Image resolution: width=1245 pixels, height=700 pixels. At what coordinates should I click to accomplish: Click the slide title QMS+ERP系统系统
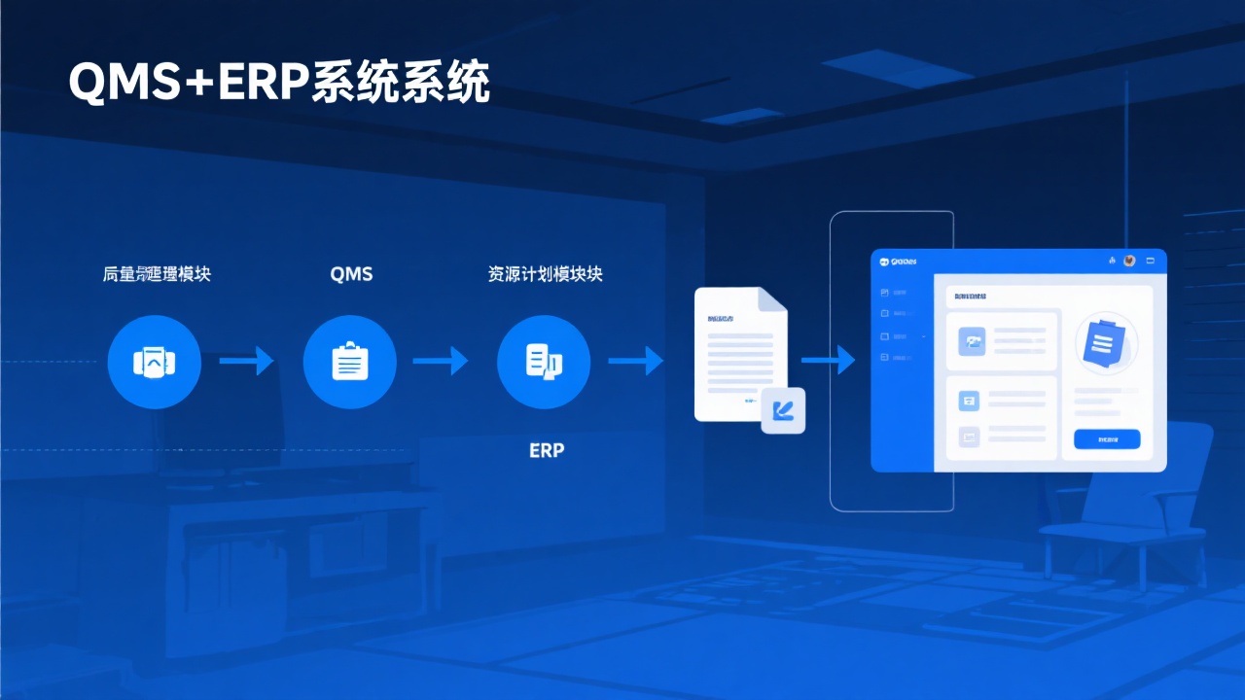tap(279, 85)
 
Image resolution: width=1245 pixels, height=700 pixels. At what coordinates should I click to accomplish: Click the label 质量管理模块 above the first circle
tap(157, 274)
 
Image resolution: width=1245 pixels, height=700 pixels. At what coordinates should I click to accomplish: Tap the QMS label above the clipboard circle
tap(351, 274)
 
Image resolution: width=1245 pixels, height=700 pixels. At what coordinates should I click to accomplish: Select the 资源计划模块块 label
tap(545, 274)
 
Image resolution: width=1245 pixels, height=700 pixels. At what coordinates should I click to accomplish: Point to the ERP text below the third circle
tap(547, 451)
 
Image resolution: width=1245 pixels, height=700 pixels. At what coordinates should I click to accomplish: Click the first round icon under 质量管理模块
tap(155, 362)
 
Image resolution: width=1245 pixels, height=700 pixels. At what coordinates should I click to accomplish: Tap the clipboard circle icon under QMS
tap(350, 362)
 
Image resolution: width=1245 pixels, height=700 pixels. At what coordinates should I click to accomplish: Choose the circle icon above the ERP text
tap(544, 362)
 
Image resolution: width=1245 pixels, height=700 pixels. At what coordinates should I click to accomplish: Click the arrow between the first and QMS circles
tap(246, 362)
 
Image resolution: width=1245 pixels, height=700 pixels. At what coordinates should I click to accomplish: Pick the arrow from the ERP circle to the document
tap(635, 362)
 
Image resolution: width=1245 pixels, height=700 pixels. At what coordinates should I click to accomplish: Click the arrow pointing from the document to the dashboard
tap(828, 362)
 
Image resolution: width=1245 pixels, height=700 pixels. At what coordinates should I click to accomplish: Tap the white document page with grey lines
tap(739, 355)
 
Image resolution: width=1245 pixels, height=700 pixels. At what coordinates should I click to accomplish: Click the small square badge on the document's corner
tap(783, 410)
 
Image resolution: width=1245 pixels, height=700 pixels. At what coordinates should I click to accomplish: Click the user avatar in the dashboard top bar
tap(1129, 261)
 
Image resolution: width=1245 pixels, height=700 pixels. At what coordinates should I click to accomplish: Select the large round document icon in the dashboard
tap(1106, 343)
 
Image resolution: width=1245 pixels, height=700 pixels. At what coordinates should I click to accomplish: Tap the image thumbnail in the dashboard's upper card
tap(973, 340)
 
